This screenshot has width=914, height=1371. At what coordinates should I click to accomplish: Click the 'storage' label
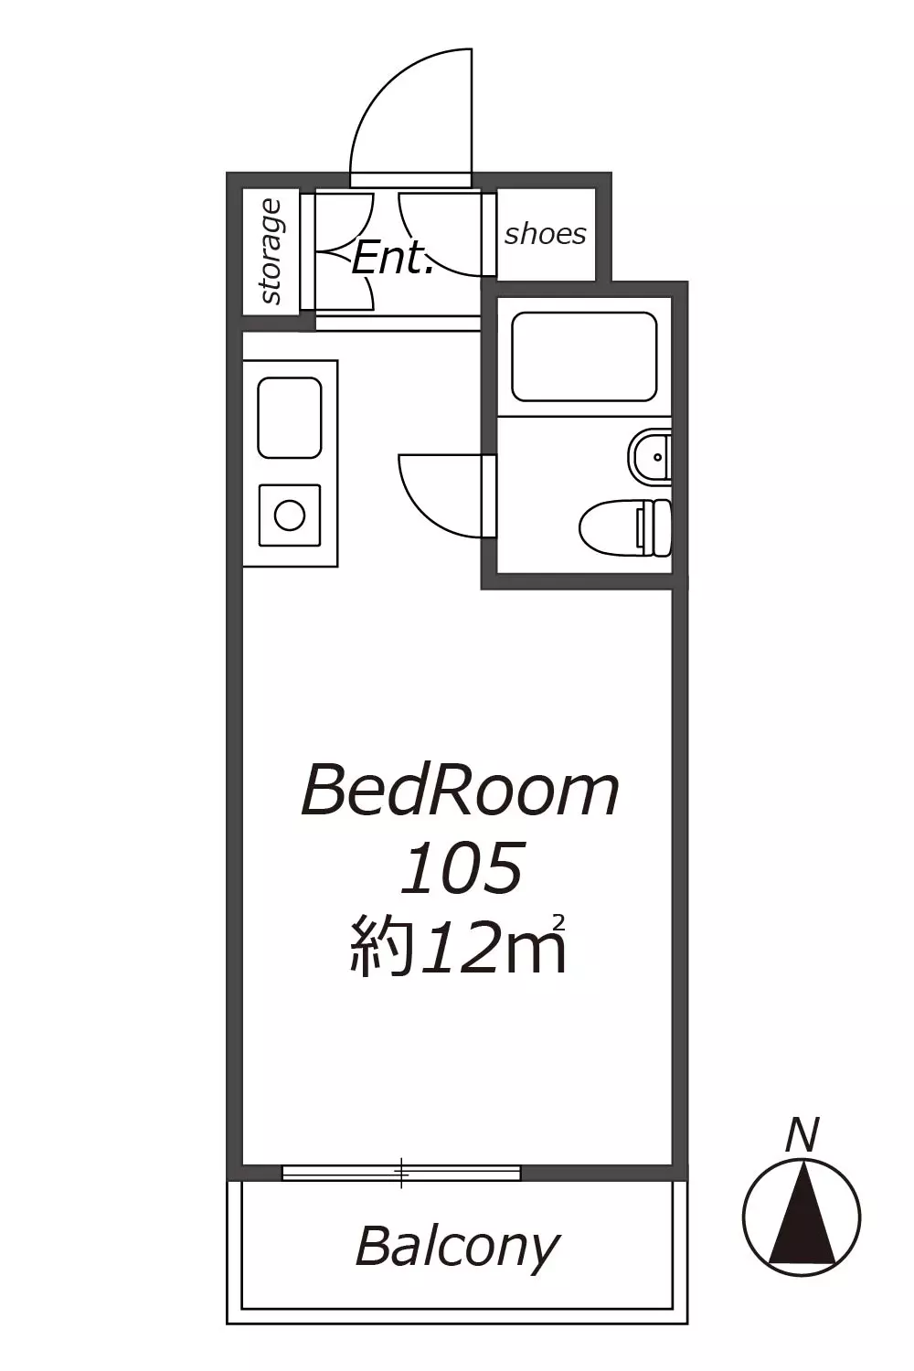(271, 252)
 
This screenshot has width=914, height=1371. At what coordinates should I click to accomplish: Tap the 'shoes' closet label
(545, 234)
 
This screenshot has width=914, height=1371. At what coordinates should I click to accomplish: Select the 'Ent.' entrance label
(392, 259)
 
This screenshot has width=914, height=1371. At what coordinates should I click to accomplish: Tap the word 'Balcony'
(457, 1247)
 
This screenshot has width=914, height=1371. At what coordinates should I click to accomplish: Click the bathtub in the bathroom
(584, 356)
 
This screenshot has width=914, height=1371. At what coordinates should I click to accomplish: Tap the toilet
(624, 527)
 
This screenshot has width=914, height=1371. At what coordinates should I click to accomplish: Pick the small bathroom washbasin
(650, 457)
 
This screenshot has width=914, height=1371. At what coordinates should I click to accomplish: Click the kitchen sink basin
(290, 418)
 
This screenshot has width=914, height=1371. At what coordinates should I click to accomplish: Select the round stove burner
(290, 515)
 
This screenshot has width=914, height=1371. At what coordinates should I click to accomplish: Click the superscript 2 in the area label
(558, 920)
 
